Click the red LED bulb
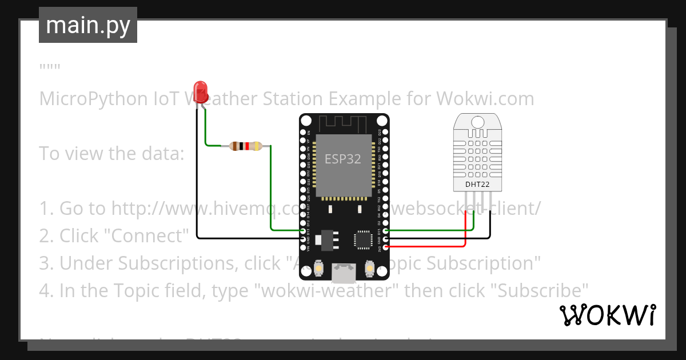200,92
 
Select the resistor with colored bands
245,146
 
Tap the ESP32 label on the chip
343,159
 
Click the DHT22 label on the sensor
477,184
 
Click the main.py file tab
88,26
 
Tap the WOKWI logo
607,315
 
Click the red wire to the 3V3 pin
434,247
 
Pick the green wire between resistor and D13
270,194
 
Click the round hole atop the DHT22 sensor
477,121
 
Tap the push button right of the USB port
369,268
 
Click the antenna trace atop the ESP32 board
343,123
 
